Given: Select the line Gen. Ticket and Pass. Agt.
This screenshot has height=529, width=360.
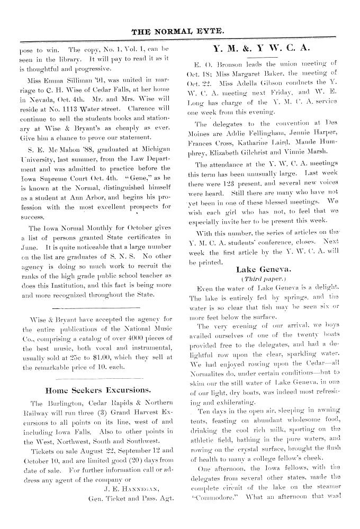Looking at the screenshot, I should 131,513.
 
